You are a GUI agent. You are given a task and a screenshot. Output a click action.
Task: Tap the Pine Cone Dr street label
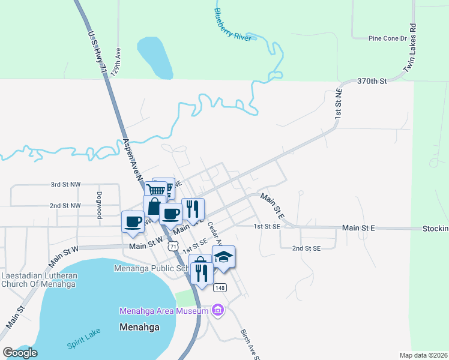pos(387,38)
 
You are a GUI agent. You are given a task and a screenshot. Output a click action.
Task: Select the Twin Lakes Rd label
pos(410,49)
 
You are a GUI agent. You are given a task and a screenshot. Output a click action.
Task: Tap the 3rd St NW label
pos(65,185)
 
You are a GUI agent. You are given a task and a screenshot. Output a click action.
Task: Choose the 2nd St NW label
pos(65,205)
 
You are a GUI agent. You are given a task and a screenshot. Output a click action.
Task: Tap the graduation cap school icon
pos(223,258)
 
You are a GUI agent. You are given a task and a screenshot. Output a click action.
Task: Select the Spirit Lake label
pos(84,340)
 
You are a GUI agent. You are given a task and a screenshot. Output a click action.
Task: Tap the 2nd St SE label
pos(306,248)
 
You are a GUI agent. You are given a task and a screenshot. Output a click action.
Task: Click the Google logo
pos(20,352)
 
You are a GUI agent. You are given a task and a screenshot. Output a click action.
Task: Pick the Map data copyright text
pos(424,355)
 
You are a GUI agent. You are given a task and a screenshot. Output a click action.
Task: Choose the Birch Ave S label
pos(249,344)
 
